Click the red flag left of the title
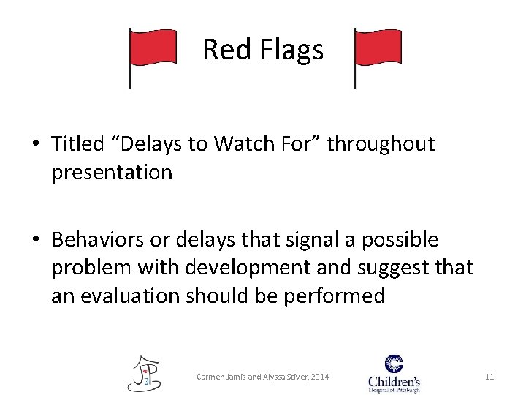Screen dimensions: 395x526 pos(153,50)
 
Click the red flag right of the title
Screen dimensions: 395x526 pos(378,50)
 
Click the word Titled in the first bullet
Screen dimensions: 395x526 pos(77,144)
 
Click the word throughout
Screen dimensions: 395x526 pos(381,144)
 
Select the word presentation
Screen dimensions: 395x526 pos(112,172)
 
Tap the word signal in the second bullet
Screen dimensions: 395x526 pos(289,240)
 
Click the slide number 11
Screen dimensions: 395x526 pos(489,377)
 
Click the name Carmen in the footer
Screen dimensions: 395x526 pos(213,377)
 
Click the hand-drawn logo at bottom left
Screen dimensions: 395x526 pos(145,373)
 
